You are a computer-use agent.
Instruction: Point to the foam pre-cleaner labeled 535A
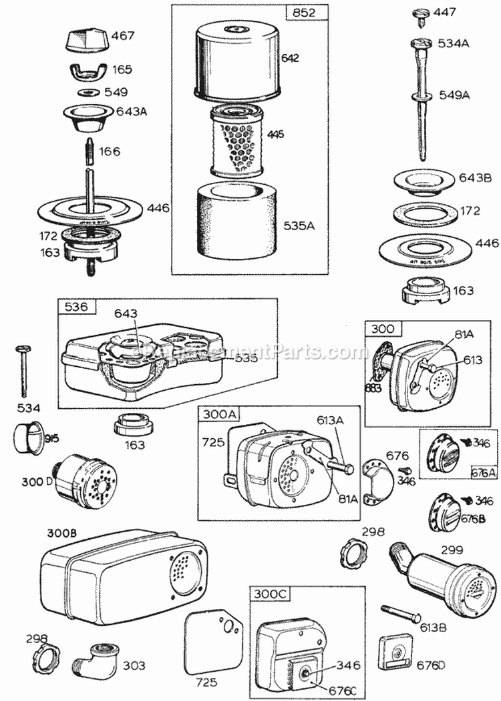coord(231,220)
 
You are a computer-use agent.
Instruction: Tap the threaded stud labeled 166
coord(89,151)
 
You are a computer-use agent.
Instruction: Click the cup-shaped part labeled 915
coord(27,438)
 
